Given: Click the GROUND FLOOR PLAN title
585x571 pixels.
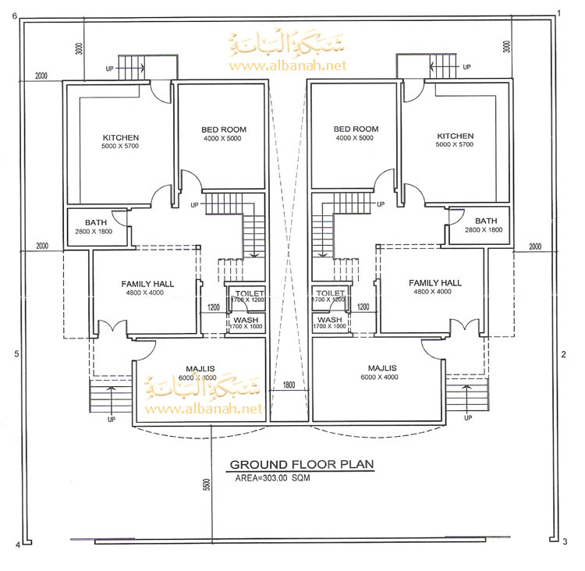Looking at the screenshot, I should pos(301,464).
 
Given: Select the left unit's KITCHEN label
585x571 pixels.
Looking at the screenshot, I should pos(120,138).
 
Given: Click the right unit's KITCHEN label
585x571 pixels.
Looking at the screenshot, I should pos(455,136).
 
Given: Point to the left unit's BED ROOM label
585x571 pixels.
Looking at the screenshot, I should pos(224,129).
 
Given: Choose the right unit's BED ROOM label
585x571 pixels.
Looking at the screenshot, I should pos(356,129).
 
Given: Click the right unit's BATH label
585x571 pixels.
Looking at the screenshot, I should pos(485,221).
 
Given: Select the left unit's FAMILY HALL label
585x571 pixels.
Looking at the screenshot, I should pos(147,283).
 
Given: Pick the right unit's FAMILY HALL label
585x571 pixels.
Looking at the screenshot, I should pos(435,282).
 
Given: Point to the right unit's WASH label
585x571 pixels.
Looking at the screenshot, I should pos(330,320).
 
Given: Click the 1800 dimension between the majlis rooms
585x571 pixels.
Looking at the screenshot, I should pos(289,385).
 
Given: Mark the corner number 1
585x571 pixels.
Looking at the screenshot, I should pos(559,13).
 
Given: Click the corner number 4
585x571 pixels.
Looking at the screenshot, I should pos(16,544).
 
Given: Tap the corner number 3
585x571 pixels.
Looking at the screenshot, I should pos(564,541).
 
